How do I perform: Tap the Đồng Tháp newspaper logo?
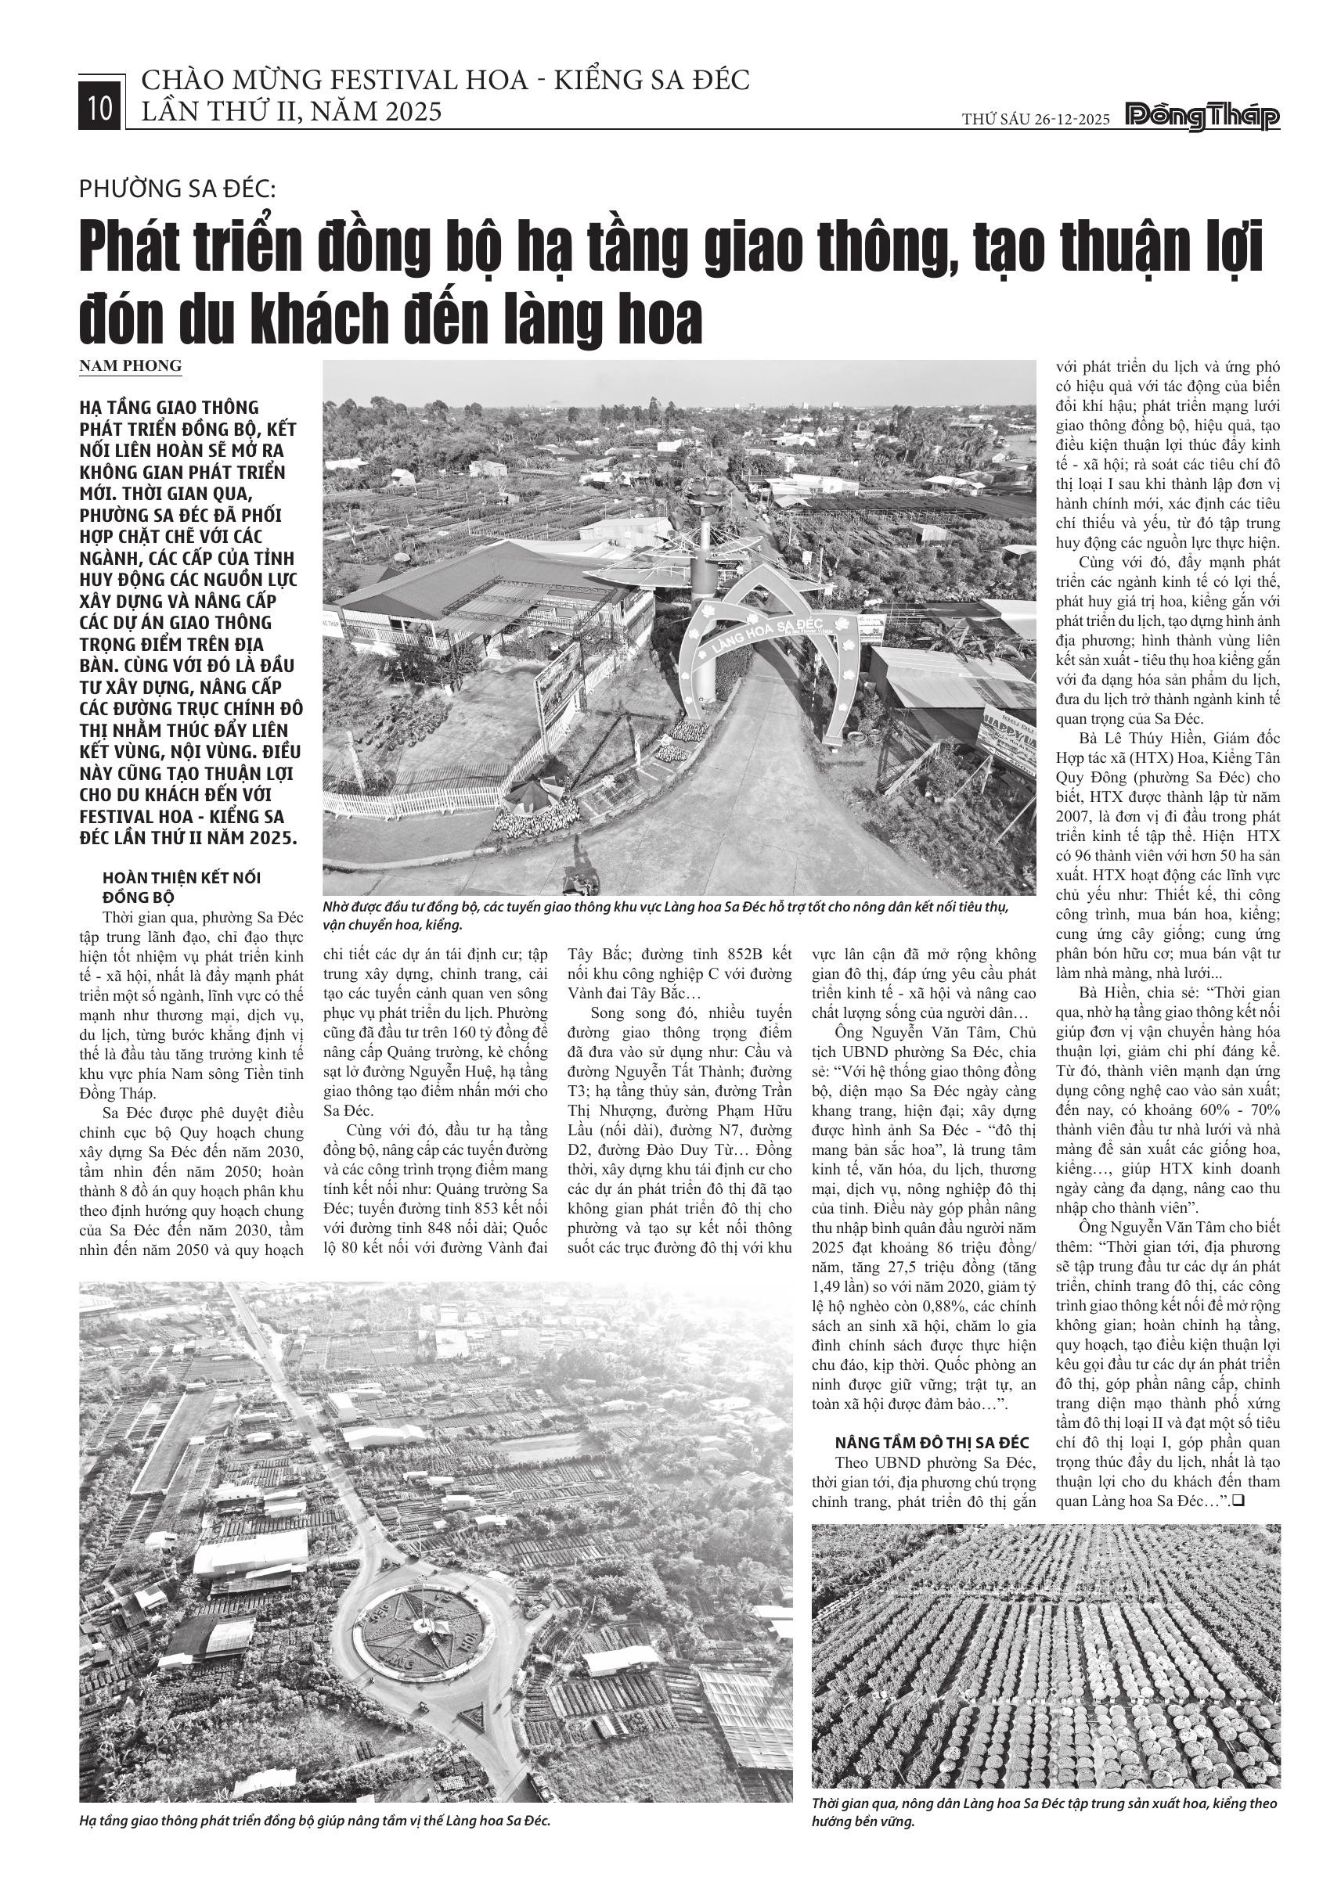pos(1204,118)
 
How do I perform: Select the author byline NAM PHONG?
pos(131,365)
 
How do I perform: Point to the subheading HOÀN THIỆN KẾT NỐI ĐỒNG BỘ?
pos(181,886)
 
